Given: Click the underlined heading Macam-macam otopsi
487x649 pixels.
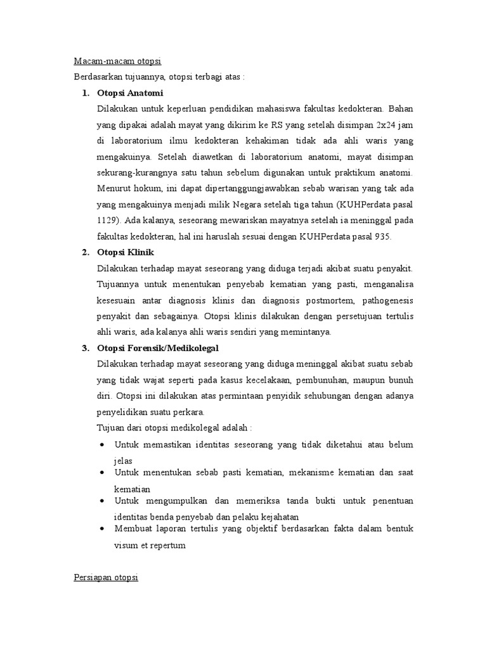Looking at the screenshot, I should (117, 61).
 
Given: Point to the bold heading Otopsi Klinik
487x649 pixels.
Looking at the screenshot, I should (126, 253).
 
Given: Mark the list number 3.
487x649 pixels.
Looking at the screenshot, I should (85, 349).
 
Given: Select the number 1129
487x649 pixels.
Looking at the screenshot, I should (108, 221).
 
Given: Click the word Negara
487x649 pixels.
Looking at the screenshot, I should (237, 205).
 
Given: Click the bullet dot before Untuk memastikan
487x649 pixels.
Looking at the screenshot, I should (103, 445).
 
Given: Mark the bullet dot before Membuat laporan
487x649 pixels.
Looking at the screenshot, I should (103, 528).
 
